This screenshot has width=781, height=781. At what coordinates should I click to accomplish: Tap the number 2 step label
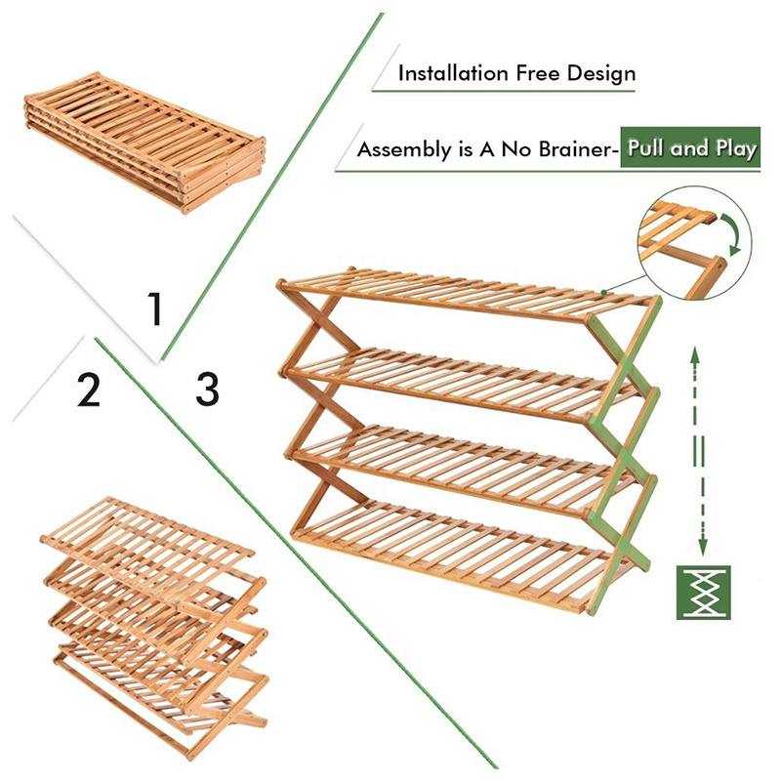(89, 390)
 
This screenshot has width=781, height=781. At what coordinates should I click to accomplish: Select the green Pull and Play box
(691, 149)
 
